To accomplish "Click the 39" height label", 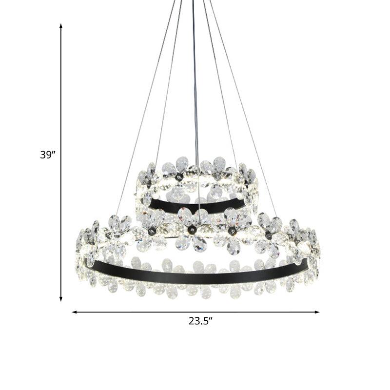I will (x=48, y=155).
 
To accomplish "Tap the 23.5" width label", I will (x=201, y=321).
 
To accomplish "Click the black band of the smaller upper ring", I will (x=195, y=207).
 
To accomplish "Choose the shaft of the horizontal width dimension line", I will (x=146, y=312).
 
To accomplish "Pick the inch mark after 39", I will (x=54, y=153).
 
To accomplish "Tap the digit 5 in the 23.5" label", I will (x=207, y=321).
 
